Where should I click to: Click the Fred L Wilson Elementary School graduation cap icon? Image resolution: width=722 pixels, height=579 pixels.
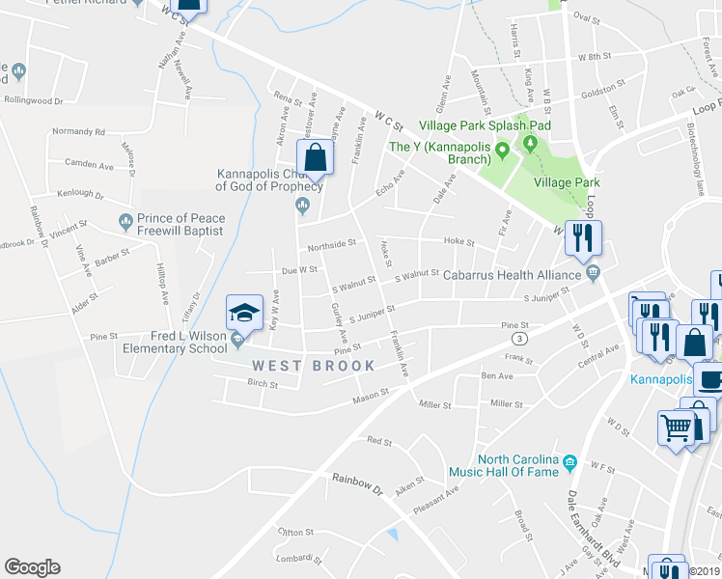[x=244, y=313]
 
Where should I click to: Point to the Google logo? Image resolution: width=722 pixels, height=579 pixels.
[x=32, y=567]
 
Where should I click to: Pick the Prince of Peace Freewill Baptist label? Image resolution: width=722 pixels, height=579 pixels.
[x=180, y=224]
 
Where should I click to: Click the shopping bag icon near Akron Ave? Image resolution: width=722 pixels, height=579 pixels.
[x=315, y=155]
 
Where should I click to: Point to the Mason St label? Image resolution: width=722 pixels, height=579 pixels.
[x=370, y=394]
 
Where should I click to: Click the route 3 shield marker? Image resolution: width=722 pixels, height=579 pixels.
[x=519, y=339]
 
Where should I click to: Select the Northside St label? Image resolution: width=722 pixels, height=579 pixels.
[x=332, y=244]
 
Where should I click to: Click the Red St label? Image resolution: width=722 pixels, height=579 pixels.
[x=379, y=441]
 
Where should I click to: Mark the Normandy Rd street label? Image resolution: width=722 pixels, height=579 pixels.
[x=79, y=131]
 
